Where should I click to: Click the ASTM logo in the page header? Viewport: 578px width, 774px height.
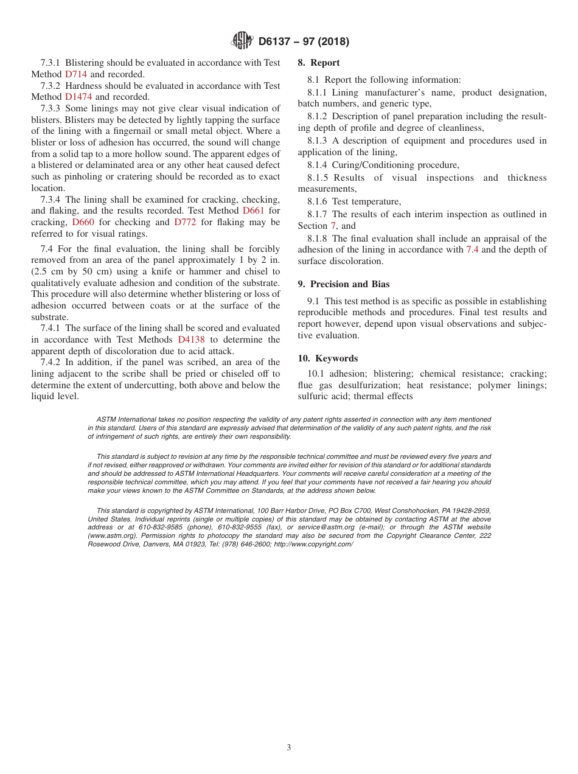242,41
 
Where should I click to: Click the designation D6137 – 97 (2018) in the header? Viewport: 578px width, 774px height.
304,42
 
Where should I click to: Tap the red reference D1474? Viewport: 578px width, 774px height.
79,97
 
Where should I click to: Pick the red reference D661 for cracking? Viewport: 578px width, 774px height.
253,211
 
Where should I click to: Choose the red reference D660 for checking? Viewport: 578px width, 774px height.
83,222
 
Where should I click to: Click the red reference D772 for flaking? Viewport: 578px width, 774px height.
185,222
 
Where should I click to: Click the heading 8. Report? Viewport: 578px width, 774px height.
319,63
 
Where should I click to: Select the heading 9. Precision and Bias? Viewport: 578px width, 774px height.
344,284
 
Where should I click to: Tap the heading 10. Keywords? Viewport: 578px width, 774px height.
328,358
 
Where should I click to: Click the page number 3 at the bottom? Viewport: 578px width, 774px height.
289,748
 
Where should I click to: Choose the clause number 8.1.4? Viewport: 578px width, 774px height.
317,165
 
